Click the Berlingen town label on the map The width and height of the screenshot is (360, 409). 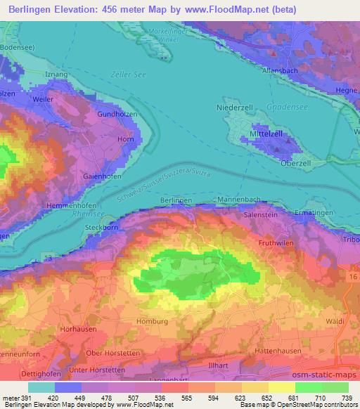176,200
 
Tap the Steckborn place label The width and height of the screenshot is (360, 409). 100,228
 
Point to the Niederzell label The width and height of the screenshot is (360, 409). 234,109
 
